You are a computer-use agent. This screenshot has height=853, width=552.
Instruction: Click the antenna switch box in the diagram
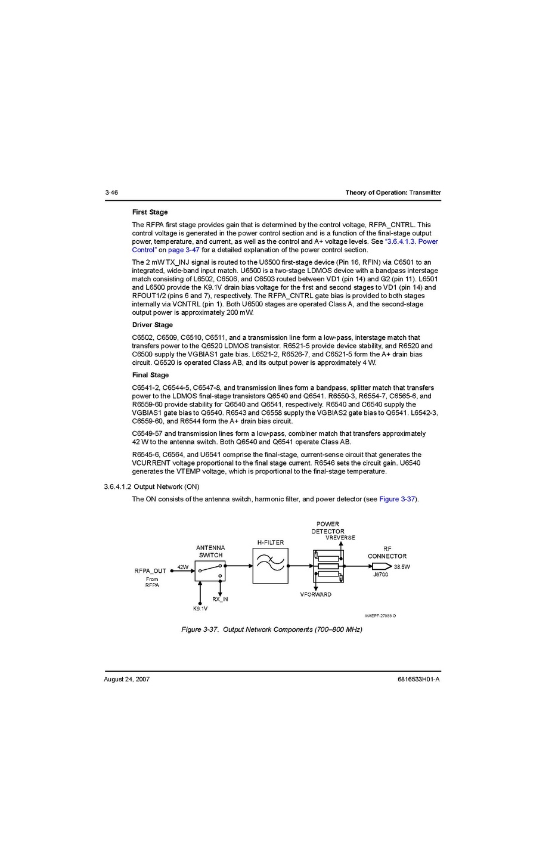click(x=210, y=571)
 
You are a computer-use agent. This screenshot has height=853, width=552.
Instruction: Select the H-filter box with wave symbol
click(x=270, y=566)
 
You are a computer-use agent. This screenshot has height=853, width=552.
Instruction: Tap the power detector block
click(x=328, y=566)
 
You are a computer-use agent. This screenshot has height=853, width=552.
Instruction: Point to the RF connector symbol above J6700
click(x=382, y=566)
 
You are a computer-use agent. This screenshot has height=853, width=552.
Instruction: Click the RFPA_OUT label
click(x=150, y=571)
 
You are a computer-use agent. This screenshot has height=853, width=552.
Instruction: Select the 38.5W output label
click(x=402, y=567)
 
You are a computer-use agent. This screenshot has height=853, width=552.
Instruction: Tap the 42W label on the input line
click(x=183, y=567)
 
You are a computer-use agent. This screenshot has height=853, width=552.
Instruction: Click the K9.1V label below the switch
click(x=200, y=609)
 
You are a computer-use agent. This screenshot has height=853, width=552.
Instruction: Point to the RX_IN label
click(x=220, y=599)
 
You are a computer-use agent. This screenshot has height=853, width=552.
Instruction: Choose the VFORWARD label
click(x=315, y=594)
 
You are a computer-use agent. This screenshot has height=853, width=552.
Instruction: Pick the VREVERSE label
click(x=340, y=538)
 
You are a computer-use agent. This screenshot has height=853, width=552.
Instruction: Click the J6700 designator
click(x=380, y=575)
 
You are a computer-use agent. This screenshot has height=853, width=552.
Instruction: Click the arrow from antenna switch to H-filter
click(x=239, y=566)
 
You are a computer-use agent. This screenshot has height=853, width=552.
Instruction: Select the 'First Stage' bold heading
click(x=150, y=212)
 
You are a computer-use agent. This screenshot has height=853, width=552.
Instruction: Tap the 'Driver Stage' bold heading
click(x=152, y=325)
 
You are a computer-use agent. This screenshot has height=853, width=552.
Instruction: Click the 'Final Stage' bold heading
click(x=150, y=375)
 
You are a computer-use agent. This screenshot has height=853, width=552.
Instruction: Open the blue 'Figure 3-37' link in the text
click(x=397, y=499)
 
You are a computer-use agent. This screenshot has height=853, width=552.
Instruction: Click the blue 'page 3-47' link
click(x=184, y=250)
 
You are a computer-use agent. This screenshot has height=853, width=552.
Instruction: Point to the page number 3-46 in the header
click(x=111, y=193)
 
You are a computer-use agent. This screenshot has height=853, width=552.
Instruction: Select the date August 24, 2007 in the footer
click(x=126, y=679)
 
